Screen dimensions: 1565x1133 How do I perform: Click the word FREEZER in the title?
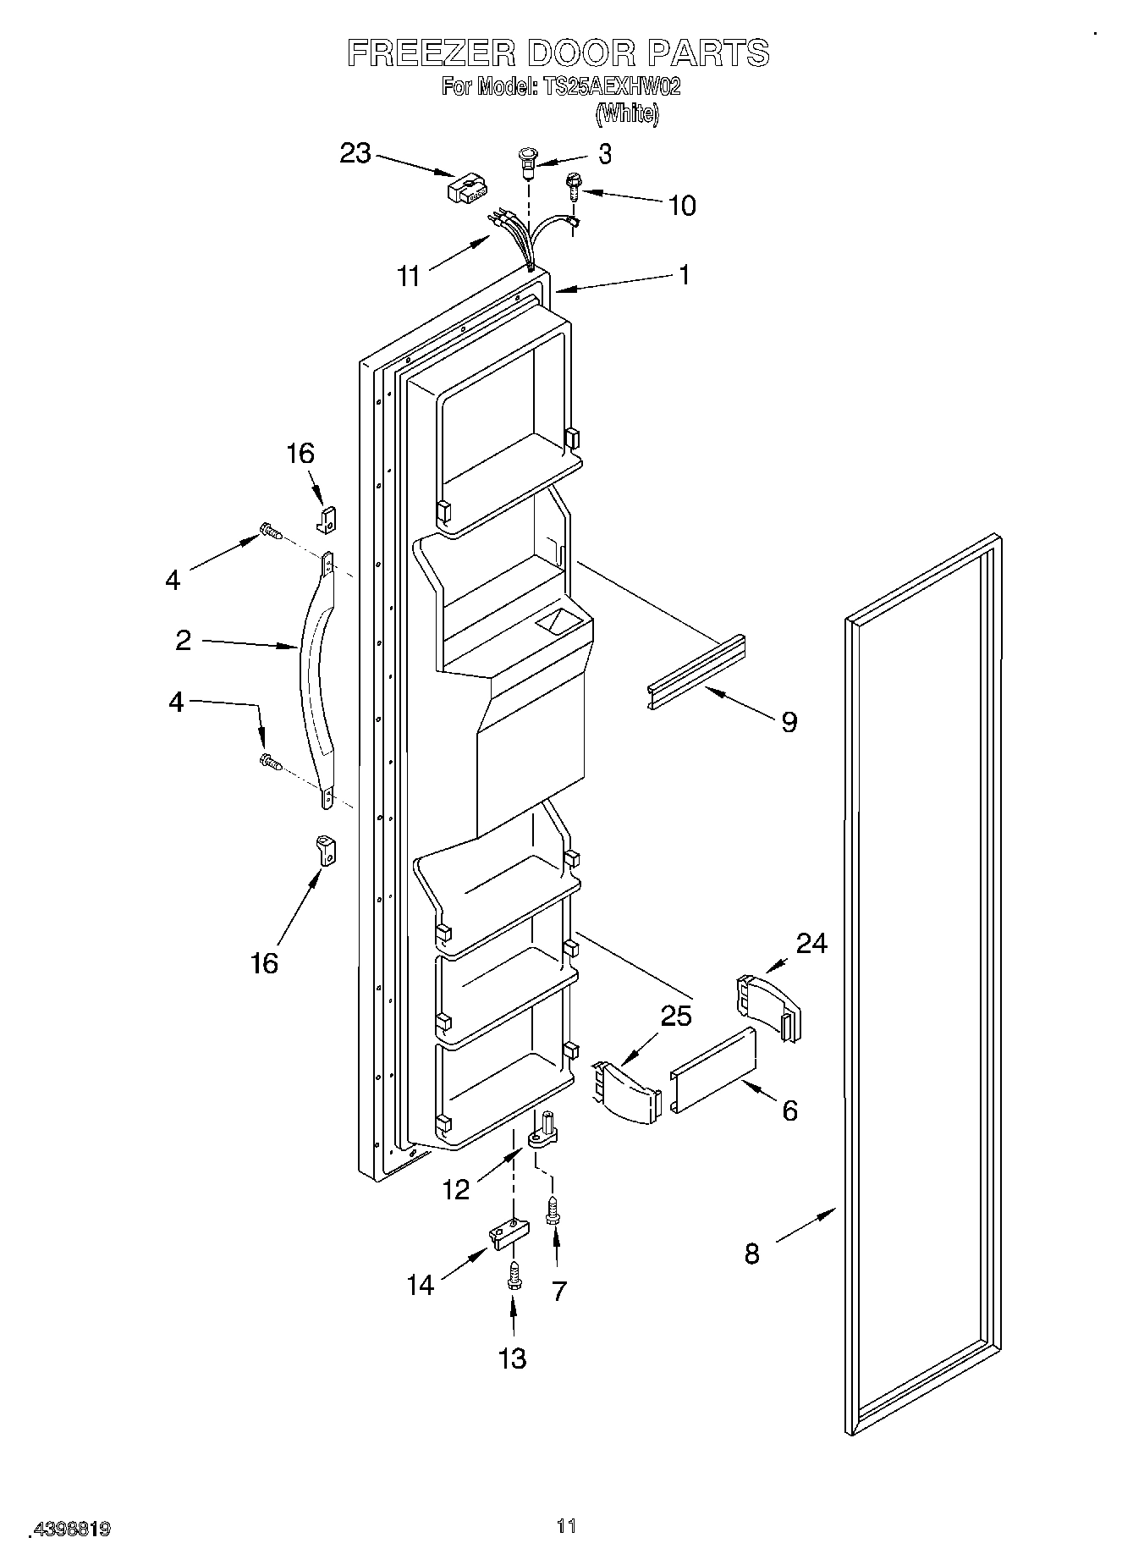(x=431, y=53)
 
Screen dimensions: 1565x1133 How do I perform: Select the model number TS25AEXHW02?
(x=609, y=86)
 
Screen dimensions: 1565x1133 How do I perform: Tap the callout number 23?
(x=355, y=153)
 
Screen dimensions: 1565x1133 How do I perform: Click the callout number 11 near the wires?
(x=410, y=276)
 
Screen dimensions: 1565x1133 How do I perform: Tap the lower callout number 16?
(x=264, y=962)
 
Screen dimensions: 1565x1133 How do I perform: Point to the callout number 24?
(x=811, y=943)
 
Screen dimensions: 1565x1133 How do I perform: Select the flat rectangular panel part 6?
(x=713, y=1071)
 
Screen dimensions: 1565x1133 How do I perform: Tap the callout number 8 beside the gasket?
(x=751, y=1253)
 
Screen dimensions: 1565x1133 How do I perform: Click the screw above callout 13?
(x=513, y=1276)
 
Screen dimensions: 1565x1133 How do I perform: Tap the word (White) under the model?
(x=626, y=113)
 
